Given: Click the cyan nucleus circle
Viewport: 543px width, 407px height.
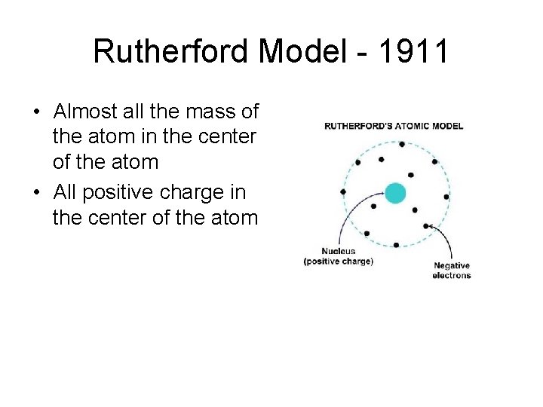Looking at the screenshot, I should coord(394,193).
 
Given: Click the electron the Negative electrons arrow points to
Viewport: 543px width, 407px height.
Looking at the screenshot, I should coord(427,226).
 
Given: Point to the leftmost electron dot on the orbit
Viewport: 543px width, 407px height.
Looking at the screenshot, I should coord(343,192).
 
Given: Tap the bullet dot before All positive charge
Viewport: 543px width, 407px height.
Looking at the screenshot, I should coord(36,193).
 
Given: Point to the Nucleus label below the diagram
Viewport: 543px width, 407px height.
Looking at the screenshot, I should coord(339,252).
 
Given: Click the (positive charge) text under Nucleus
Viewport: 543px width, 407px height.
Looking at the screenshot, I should coord(339,262).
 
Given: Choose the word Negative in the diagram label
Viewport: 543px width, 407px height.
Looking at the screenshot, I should coord(452,265).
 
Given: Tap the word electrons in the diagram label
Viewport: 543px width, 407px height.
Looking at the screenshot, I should coord(452,275).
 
